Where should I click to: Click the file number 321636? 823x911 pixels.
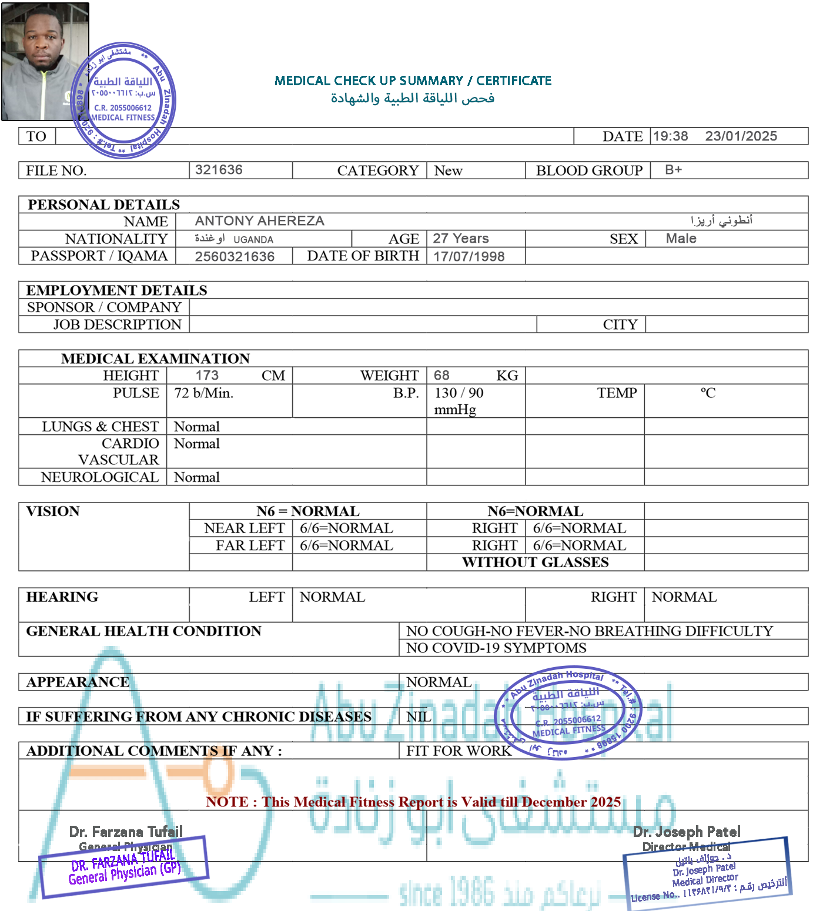(219, 170)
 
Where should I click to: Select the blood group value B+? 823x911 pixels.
(673, 170)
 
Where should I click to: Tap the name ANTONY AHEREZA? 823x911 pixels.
(259, 221)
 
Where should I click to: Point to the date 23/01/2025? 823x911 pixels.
(741, 136)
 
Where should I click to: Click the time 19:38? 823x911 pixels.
(670, 136)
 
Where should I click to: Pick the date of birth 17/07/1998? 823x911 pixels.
(469, 256)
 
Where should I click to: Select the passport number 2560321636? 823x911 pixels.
(235, 256)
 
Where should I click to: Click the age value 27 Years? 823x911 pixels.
(461, 239)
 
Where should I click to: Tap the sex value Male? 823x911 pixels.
(681, 239)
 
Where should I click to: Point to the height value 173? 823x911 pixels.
(207, 376)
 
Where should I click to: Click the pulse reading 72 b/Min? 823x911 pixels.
(203, 393)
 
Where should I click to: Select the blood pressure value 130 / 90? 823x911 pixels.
(459, 393)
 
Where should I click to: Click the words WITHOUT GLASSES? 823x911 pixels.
(535, 562)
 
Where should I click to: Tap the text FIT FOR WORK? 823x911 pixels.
(459, 751)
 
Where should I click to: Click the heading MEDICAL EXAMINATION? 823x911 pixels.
(155, 359)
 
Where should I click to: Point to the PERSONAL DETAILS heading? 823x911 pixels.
(103, 205)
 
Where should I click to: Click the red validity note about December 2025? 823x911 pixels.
(413, 802)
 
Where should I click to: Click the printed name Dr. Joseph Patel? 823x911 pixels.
(686, 832)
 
